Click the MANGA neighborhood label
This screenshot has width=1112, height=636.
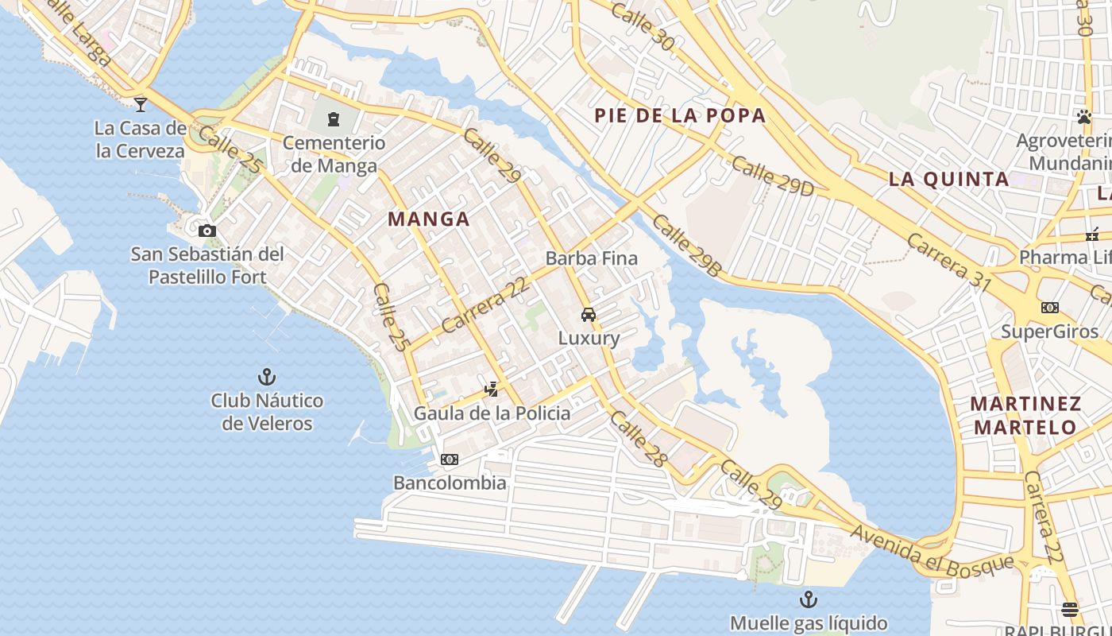[429, 219]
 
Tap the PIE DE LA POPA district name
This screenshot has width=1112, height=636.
[680, 115]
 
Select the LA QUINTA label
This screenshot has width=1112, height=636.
[948, 179]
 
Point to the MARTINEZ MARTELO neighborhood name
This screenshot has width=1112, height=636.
[1025, 415]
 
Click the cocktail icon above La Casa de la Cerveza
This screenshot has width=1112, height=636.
[141, 103]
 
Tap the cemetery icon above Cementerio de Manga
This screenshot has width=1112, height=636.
[334, 120]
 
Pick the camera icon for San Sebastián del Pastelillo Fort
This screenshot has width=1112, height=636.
[207, 231]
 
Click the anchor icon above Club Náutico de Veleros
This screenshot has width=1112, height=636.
[267, 377]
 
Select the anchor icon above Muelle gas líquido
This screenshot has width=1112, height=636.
[808, 599]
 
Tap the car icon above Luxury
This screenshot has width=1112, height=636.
[589, 314]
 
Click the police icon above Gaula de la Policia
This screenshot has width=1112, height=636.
[492, 389]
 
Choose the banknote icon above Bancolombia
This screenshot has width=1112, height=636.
[450, 460]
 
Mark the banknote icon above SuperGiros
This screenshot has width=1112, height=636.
[1050, 308]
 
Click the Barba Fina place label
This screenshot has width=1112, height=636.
[592, 258]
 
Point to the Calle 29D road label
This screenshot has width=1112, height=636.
[773, 176]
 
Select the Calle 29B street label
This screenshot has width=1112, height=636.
[687, 245]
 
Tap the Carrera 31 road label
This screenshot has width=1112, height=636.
[948, 262]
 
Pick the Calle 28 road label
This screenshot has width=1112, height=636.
[639, 438]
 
